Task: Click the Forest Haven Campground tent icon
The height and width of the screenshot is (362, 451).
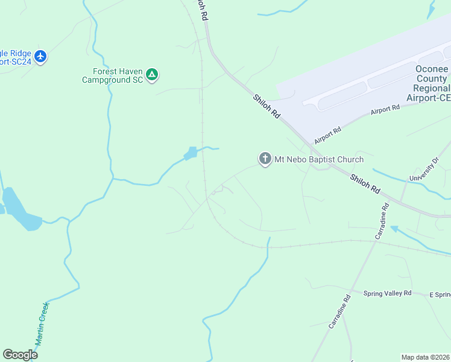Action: tap(153, 74)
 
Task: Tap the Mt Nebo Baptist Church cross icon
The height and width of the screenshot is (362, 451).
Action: tap(264, 159)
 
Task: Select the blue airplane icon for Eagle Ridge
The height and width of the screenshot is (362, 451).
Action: tap(40, 57)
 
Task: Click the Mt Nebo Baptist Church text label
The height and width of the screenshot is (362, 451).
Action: tap(319, 160)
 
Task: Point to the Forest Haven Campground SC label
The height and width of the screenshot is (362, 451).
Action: tap(113, 75)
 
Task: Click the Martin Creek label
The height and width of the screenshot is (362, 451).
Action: tap(40, 323)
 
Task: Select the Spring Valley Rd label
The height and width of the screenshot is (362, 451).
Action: tap(387, 293)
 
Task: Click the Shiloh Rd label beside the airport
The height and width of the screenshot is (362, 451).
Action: tap(266, 106)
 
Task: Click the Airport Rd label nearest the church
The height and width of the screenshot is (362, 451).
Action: tap(327, 135)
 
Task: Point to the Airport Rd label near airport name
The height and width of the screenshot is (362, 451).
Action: tap(385, 109)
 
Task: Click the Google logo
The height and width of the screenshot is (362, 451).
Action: tap(20, 355)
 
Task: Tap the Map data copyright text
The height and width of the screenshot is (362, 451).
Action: tap(426, 357)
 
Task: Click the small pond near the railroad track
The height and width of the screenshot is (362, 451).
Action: tap(191, 153)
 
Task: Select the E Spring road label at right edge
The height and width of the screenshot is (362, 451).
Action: tap(440, 294)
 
